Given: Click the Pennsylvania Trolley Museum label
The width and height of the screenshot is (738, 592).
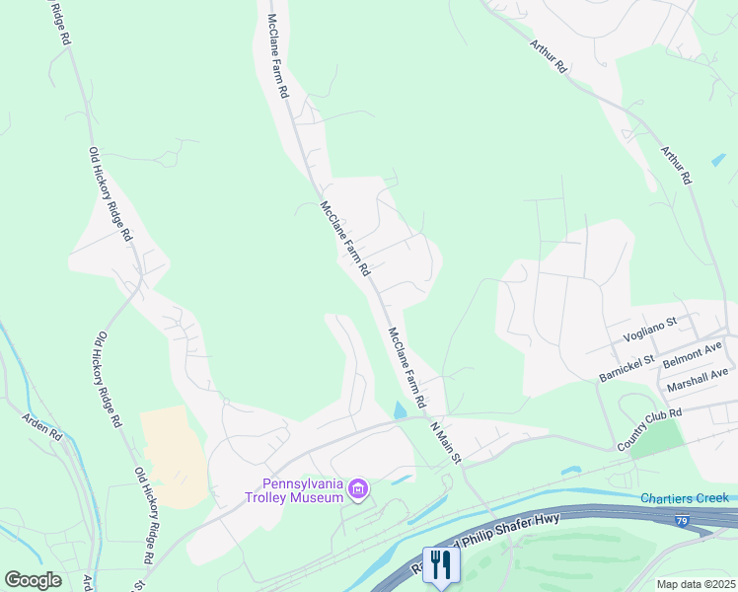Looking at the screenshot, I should (x=302, y=490).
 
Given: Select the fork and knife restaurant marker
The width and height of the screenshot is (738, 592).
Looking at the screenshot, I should (x=441, y=564).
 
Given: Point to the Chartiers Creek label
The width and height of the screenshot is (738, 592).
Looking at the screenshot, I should (x=684, y=498).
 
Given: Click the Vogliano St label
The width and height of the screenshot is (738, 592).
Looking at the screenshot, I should (x=650, y=328).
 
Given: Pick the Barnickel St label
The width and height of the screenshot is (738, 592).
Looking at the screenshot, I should (x=627, y=369).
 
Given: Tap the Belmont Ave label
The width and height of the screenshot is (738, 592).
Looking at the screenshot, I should (x=693, y=352).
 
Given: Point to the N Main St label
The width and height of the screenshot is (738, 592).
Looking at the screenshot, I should (x=445, y=442).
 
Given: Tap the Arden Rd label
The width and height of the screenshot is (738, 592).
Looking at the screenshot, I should (x=42, y=425).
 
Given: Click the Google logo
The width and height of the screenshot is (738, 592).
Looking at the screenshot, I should (x=33, y=579).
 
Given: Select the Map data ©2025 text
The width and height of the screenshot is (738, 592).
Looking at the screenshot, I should (x=696, y=584).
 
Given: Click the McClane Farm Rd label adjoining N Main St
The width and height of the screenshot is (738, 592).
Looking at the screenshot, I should (x=406, y=368).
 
